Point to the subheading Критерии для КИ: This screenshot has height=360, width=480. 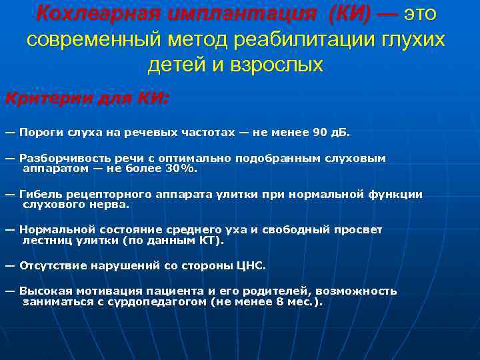pos(87,98)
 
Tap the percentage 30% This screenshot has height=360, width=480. pos(183,169)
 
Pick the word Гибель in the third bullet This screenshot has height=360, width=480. pos(41,195)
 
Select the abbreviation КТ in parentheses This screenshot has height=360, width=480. pos(211,240)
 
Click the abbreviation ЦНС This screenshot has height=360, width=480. pos(251,265)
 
